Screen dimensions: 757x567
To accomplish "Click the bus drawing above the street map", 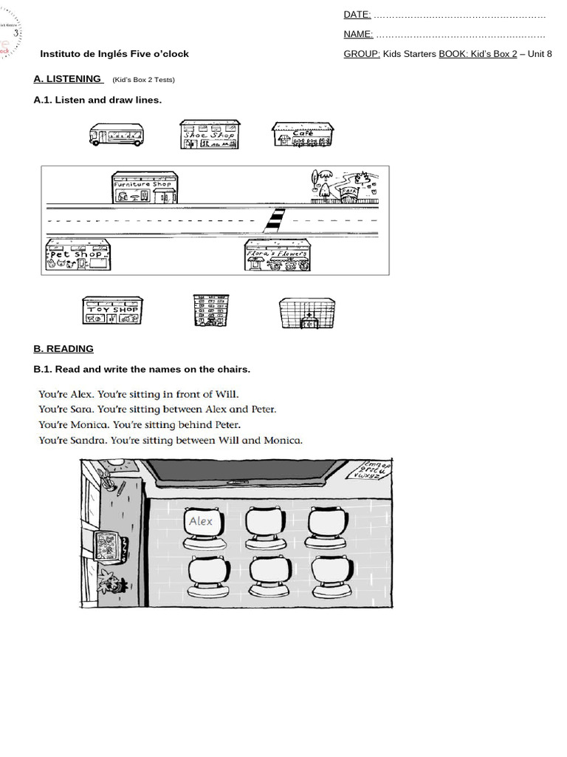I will (x=116, y=135).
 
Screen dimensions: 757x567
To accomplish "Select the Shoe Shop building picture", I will (x=210, y=135).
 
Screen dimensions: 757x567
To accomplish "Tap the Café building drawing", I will (x=303, y=135).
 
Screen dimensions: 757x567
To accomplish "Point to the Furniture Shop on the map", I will (x=145, y=188).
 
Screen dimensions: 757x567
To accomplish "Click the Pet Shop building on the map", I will (x=78, y=255).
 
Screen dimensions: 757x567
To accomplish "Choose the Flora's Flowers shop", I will (x=277, y=256).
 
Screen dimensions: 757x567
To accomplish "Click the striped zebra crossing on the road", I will (x=275, y=220).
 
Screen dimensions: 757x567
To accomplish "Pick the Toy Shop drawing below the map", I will (x=113, y=310).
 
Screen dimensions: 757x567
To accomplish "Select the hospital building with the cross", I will (x=307, y=313).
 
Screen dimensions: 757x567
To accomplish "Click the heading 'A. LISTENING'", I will (x=68, y=79).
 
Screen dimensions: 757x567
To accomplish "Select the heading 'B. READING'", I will (x=63, y=349).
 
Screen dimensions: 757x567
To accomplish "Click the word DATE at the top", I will (x=357, y=15).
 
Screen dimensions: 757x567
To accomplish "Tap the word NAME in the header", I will (x=358, y=34).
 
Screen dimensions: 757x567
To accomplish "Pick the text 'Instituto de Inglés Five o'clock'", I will (x=114, y=54).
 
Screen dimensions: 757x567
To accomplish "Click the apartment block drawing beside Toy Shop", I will (x=210, y=310).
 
